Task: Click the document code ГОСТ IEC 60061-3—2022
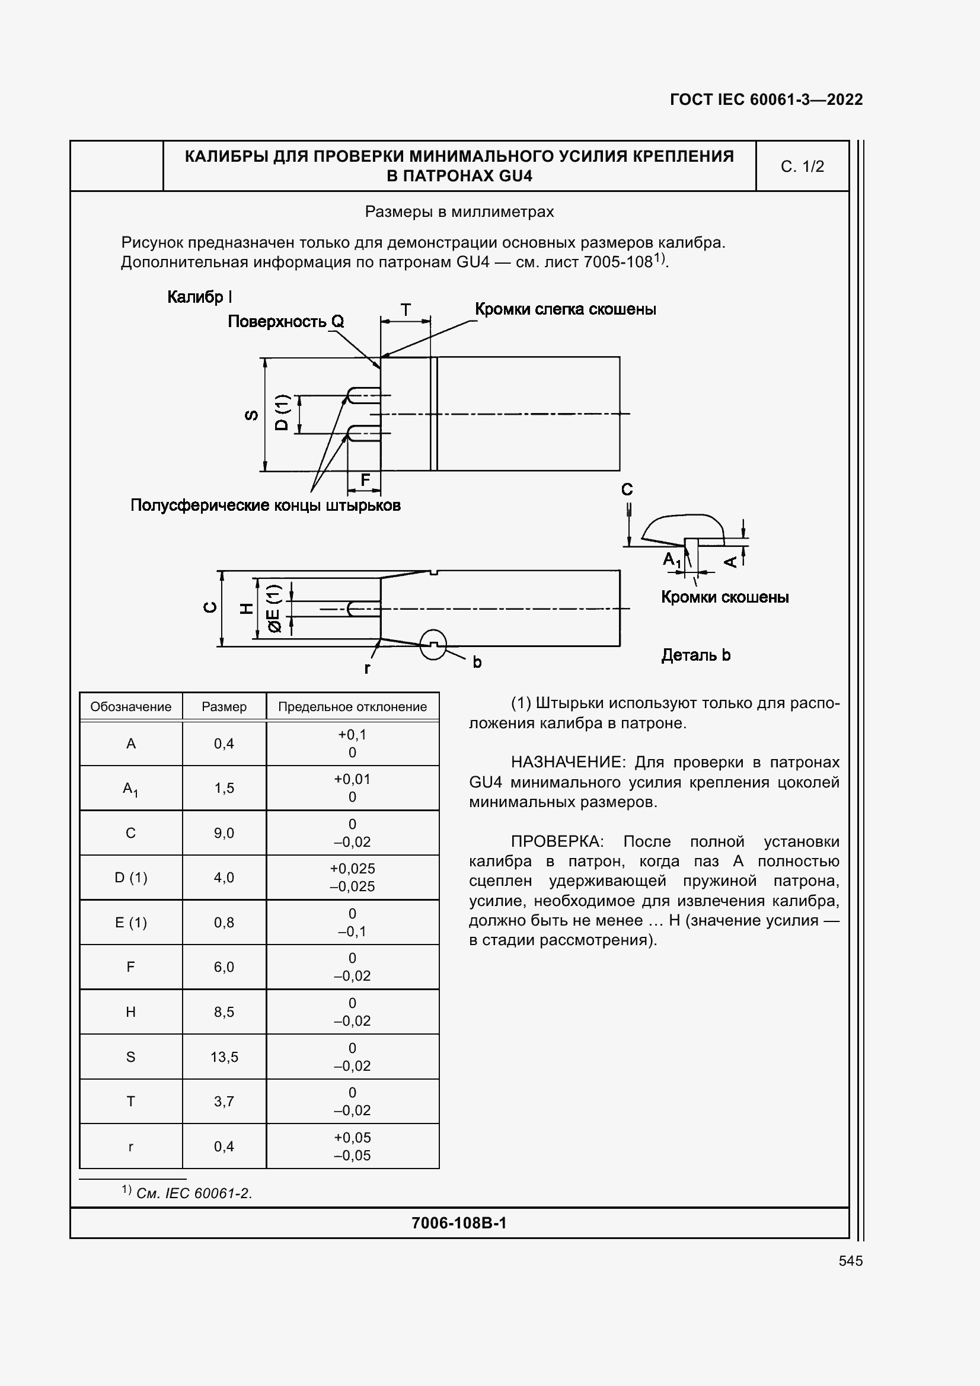pyautogui.click(x=765, y=100)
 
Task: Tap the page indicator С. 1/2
pyautogui.click(x=802, y=167)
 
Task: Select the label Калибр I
pyautogui.click(x=199, y=297)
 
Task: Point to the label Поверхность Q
pyautogui.click(x=286, y=322)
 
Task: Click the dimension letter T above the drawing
pyautogui.click(x=406, y=311)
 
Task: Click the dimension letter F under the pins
pyautogui.click(x=365, y=480)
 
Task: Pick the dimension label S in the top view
pyautogui.click(x=252, y=415)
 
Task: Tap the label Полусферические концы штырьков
pyautogui.click(x=265, y=505)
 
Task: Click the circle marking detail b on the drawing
pyautogui.click(x=433, y=645)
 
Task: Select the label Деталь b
pyautogui.click(x=695, y=655)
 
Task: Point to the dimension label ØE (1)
pyautogui.click(x=274, y=608)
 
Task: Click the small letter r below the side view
pyautogui.click(x=367, y=668)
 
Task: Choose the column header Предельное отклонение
pyautogui.click(x=352, y=707)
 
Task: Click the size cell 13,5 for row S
pyautogui.click(x=224, y=1057)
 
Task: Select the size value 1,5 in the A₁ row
pyautogui.click(x=224, y=788)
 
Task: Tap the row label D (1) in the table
pyautogui.click(x=130, y=878)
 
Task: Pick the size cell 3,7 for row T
pyautogui.click(x=224, y=1102)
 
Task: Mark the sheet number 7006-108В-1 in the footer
pyautogui.click(x=459, y=1223)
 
